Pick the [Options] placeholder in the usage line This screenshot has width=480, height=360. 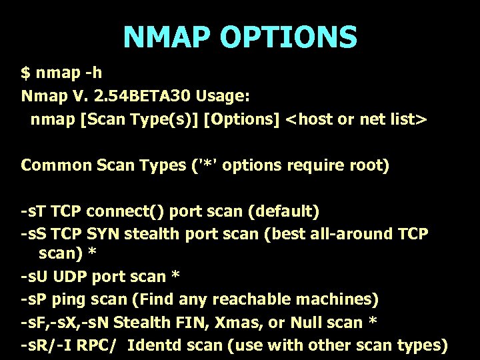point(241,119)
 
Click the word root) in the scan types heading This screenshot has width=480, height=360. point(366,165)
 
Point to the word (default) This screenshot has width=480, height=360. point(283,212)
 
